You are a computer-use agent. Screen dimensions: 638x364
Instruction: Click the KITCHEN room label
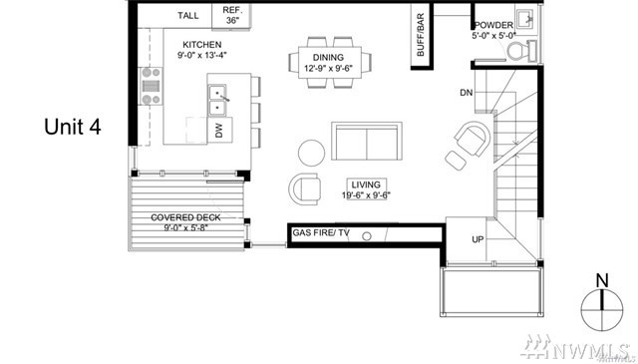(x=201, y=45)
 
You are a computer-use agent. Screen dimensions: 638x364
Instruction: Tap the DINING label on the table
(x=328, y=58)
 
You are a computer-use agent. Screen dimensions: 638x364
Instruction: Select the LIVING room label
(x=366, y=184)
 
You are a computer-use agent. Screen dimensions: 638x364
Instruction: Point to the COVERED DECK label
(x=185, y=217)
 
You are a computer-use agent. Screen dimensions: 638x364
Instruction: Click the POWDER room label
(x=493, y=25)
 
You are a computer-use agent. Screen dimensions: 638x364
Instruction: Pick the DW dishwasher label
(x=219, y=131)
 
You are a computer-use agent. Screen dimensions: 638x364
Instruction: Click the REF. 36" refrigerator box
(x=231, y=16)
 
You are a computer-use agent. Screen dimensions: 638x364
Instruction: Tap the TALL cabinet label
(x=188, y=16)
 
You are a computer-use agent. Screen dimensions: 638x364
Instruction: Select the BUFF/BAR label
(x=421, y=35)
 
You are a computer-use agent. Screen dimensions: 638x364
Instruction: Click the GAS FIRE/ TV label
(x=321, y=233)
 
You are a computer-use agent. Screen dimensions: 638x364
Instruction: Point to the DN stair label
(x=467, y=93)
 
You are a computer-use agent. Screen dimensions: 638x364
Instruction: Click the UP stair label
(x=478, y=239)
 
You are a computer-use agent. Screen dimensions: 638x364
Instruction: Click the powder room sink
(x=526, y=18)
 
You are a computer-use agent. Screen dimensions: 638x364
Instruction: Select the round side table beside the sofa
(x=312, y=154)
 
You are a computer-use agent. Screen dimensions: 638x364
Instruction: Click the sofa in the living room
(x=367, y=141)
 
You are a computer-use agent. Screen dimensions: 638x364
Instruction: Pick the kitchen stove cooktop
(x=151, y=86)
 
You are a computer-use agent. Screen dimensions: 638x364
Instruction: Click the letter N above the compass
(x=602, y=281)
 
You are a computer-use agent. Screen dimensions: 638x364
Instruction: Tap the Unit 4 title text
(x=73, y=127)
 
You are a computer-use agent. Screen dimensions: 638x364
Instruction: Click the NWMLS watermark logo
(x=576, y=348)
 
